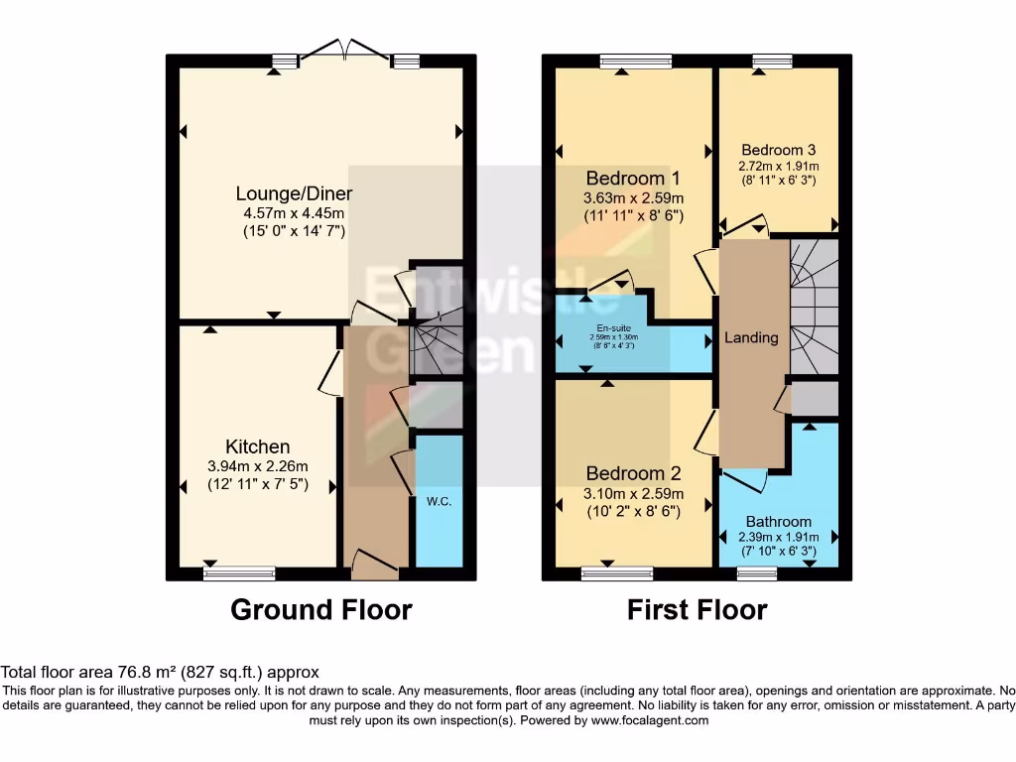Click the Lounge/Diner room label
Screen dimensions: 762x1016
click(x=294, y=193)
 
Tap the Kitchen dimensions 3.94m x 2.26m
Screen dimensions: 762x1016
click(x=258, y=466)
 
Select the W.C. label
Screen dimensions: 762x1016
click(x=439, y=502)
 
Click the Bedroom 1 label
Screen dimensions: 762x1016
click(x=633, y=179)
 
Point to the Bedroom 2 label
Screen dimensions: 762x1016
click(x=633, y=473)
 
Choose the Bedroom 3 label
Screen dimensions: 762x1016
click(x=779, y=151)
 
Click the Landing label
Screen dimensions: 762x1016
click(x=751, y=337)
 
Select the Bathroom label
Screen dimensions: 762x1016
click(x=779, y=521)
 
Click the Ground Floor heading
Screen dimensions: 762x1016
click(x=320, y=609)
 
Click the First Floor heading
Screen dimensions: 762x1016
click(x=697, y=609)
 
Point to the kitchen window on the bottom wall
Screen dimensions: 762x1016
click(x=239, y=573)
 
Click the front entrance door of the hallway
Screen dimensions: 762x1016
click(x=375, y=566)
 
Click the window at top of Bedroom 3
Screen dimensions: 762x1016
click(x=767, y=62)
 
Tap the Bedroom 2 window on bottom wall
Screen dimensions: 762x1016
click(x=617, y=573)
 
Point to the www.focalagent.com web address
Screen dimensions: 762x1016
click(x=649, y=721)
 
